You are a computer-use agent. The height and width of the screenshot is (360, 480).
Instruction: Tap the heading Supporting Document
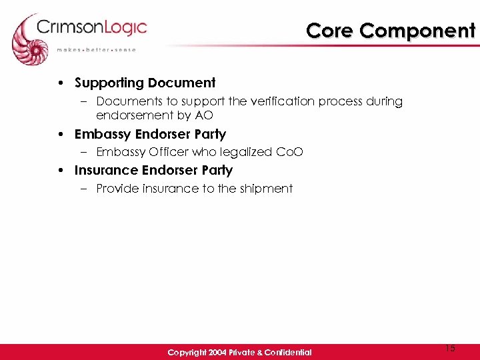click(x=145, y=83)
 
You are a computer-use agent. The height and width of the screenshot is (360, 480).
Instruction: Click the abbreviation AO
click(x=204, y=115)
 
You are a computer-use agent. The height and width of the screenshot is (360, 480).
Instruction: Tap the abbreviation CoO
click(x=290, y=152)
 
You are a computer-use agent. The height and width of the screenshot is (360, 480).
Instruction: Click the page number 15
click(x=450, y=347)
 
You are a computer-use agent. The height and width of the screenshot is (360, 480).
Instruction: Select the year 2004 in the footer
click(x=216, y=352)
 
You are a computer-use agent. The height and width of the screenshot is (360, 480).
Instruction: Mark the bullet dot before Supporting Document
click(x=61, y=83)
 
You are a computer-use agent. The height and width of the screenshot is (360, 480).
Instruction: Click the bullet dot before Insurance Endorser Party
click(x=61, y=171)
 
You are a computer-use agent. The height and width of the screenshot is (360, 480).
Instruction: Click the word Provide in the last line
click(x=118, y=189)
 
